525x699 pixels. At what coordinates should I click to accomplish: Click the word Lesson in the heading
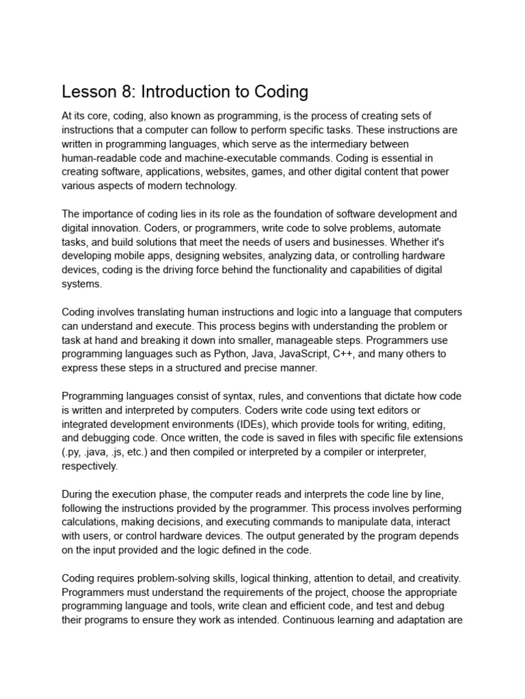point(86,91)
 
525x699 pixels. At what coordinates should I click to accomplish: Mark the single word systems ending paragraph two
point(81,284)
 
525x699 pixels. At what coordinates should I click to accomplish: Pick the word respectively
point(90,466)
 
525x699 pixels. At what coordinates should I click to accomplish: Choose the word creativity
point(438,577)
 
